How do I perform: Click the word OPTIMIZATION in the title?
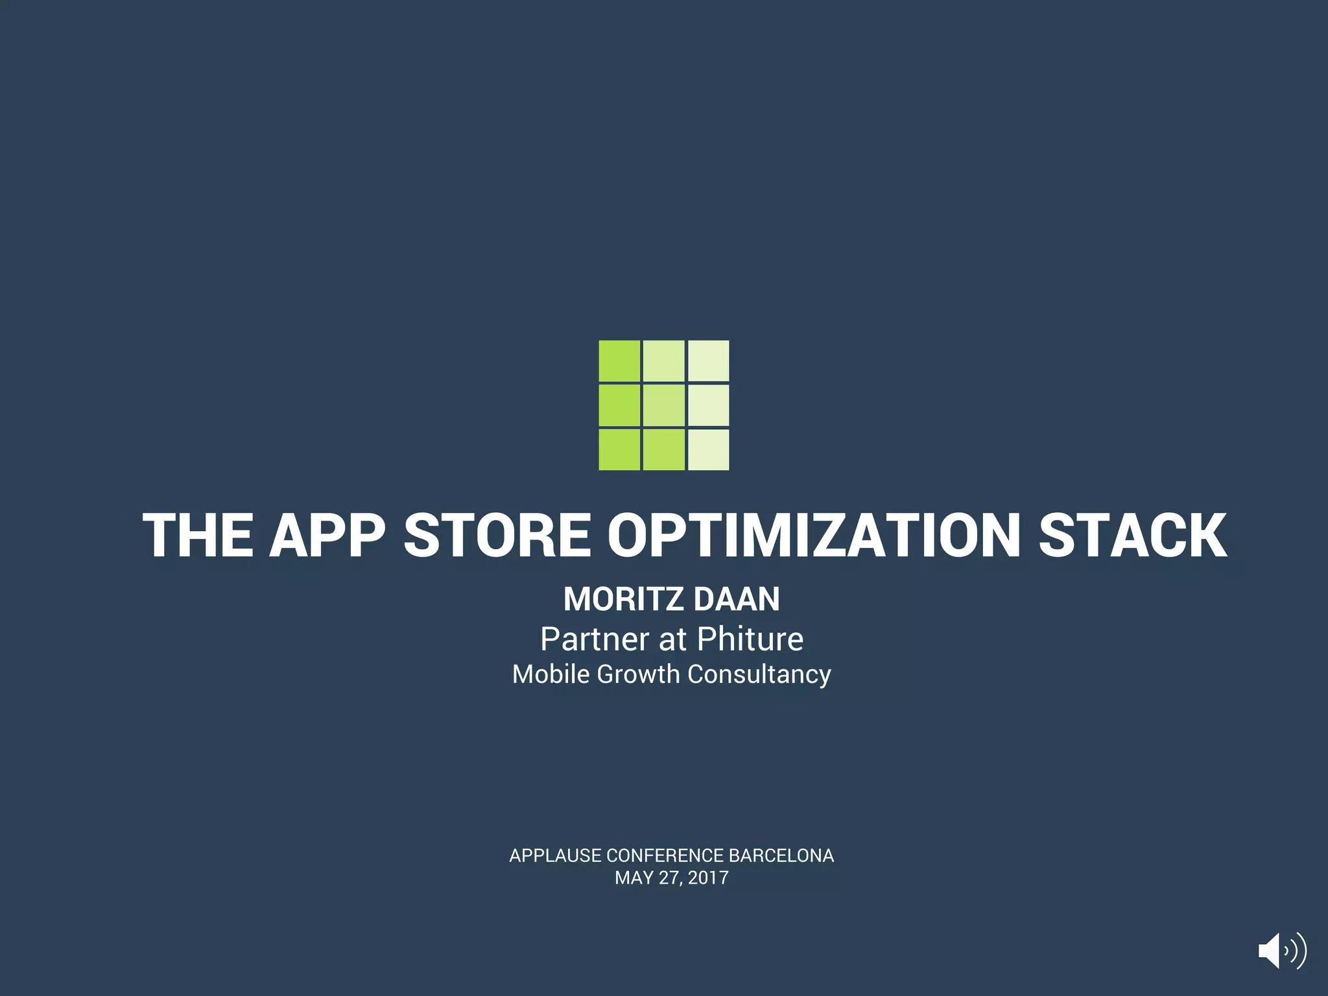click(x=814, y=536)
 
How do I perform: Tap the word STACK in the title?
click(x=1132, y=536)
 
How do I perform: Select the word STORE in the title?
click(x=497, y=536)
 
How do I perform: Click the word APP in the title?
click(x=327, y=536)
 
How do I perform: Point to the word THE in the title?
click(x=198, y=536)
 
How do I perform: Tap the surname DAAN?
click(x=737, y=599)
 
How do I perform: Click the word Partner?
click(x=595, y=639)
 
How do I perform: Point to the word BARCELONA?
click(x=781, y=856)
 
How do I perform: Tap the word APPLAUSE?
click(x=555, y=856)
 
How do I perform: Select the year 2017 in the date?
click(x=708, y=878)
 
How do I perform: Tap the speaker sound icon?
click(x=1281, y=951)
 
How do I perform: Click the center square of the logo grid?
click(x=663, y=405)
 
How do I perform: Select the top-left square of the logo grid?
click(x=619, y=361)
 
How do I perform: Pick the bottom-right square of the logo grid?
click(x=708, y=449)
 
